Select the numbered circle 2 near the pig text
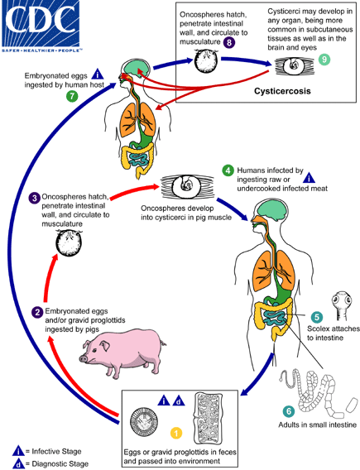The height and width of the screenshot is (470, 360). click(37, 312)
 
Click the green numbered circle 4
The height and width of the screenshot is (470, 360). click(228, 170)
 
